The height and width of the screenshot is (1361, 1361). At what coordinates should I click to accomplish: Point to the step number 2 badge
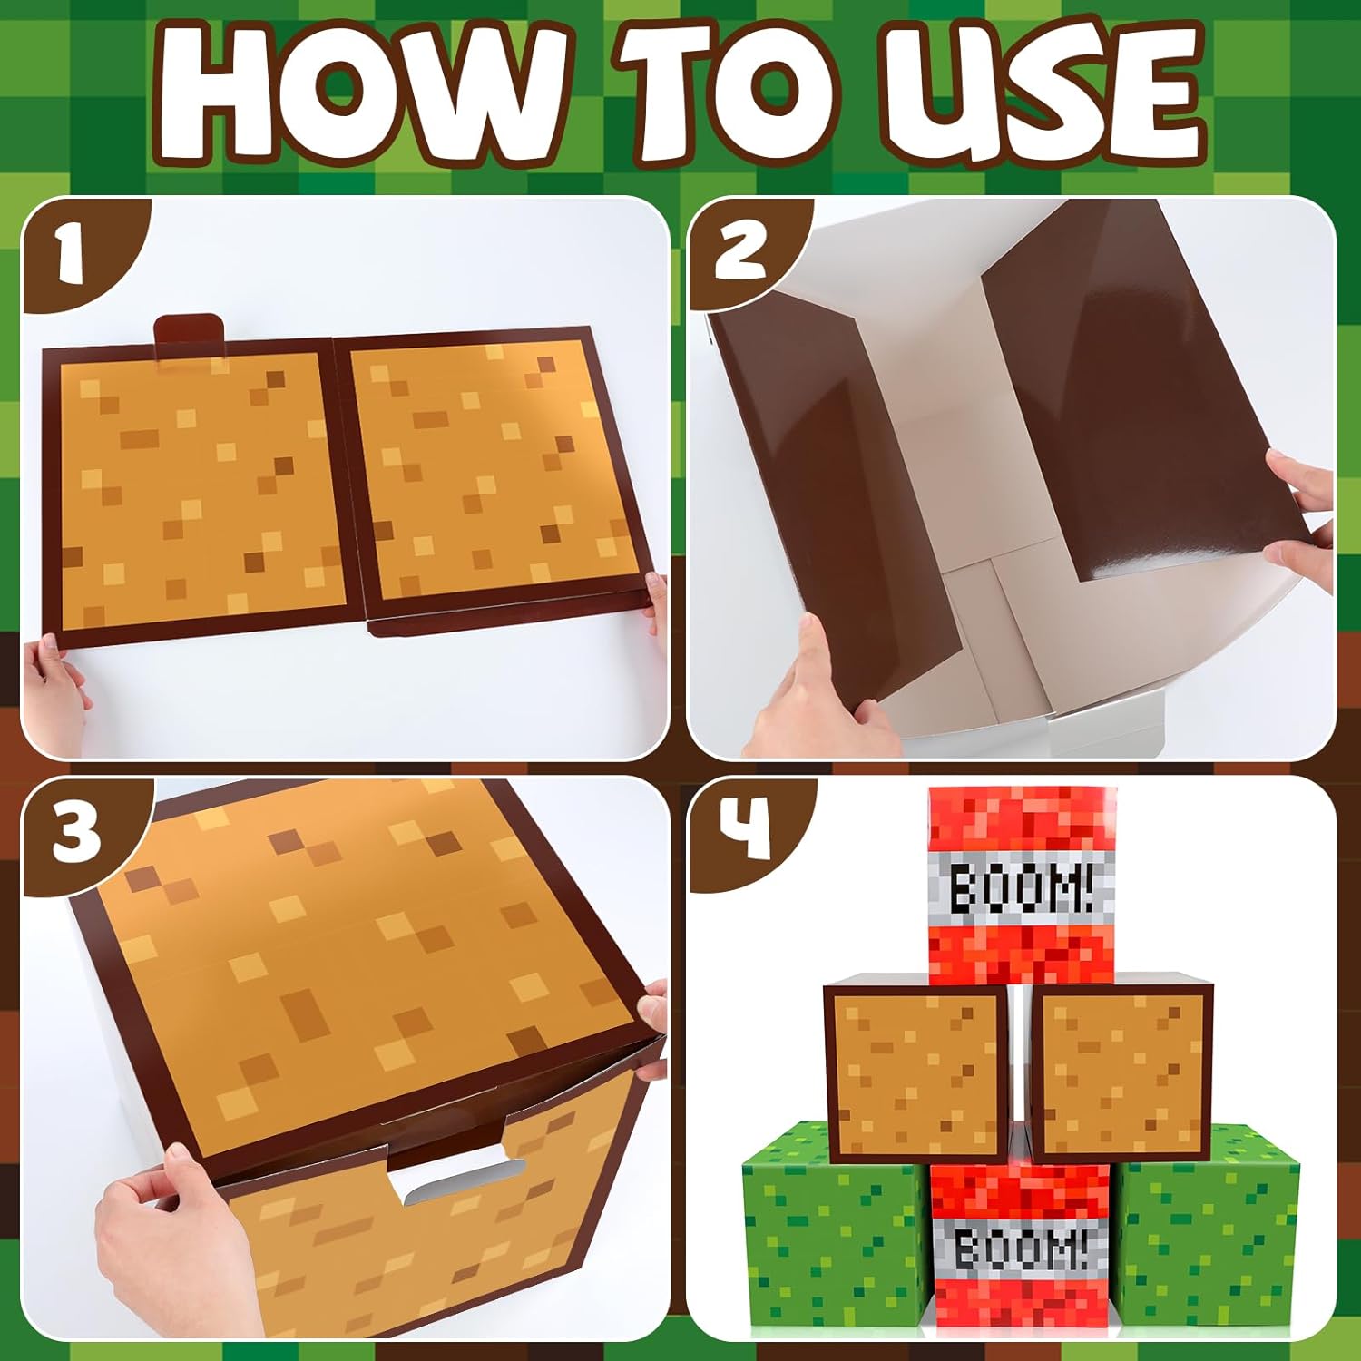[739, 250]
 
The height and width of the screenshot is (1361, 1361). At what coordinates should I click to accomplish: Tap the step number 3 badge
[74, 833]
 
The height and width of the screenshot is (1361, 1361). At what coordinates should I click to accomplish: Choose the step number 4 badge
[744, 830]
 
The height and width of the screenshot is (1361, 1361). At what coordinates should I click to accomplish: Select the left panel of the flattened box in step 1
[195, 490]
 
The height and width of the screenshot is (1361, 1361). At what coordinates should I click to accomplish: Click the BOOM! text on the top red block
[1021, 886]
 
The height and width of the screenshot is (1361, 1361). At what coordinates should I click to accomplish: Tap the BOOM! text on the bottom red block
[1021, 1249]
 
